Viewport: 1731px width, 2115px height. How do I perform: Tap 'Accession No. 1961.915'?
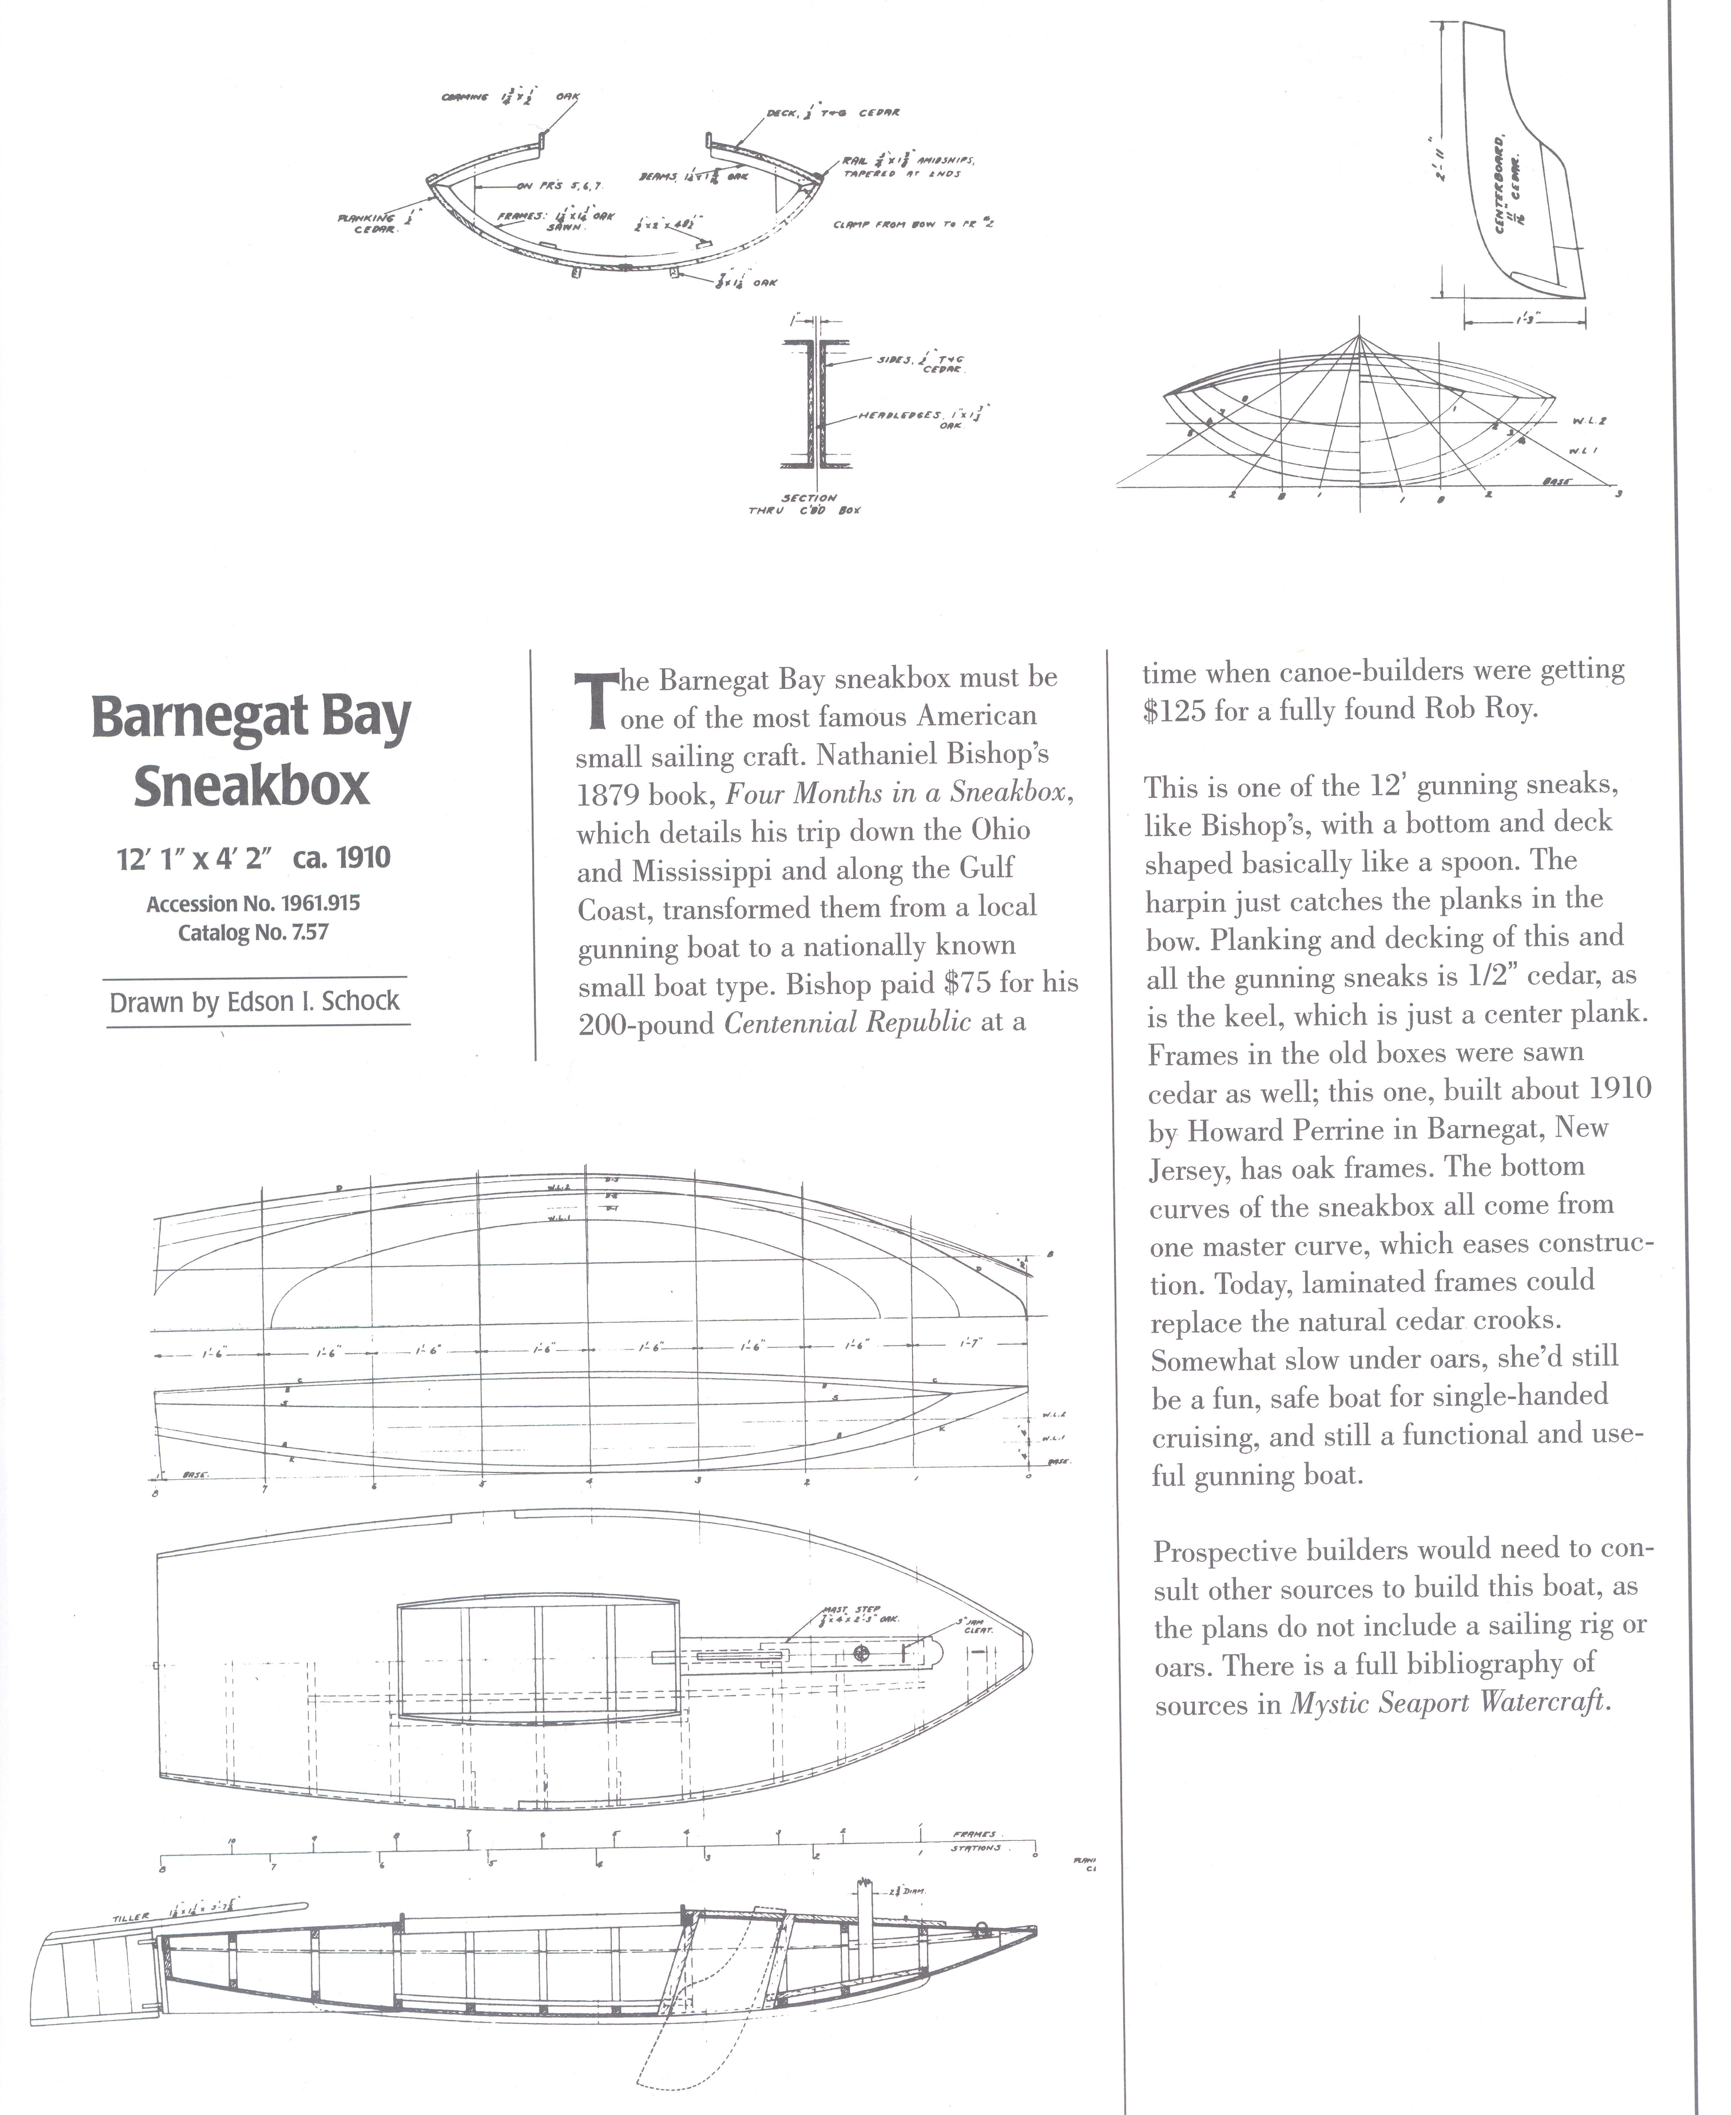(x=253, y=903)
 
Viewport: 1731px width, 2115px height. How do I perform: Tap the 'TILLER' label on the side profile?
(x=131, y=1919)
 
